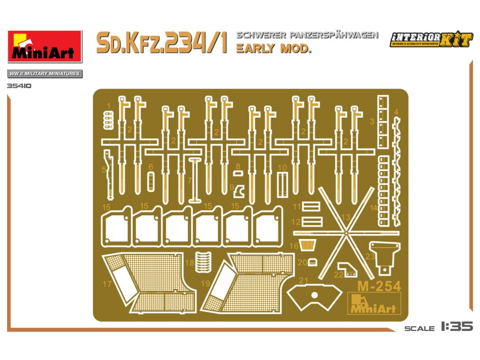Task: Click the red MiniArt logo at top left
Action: pos(45,46)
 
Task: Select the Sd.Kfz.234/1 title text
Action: pos(162,43)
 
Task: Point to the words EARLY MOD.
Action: pos(274,48)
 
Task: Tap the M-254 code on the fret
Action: pos(379,286)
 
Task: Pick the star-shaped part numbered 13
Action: pos(345,232)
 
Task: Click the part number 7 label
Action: pos(189,180)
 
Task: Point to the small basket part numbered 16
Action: pos(307,245)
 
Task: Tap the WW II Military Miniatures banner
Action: pos(45,74)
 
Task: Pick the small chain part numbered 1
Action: pos(109,120)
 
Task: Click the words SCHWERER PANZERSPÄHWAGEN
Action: pos(307,35)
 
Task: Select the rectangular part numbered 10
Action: pos(282,184)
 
